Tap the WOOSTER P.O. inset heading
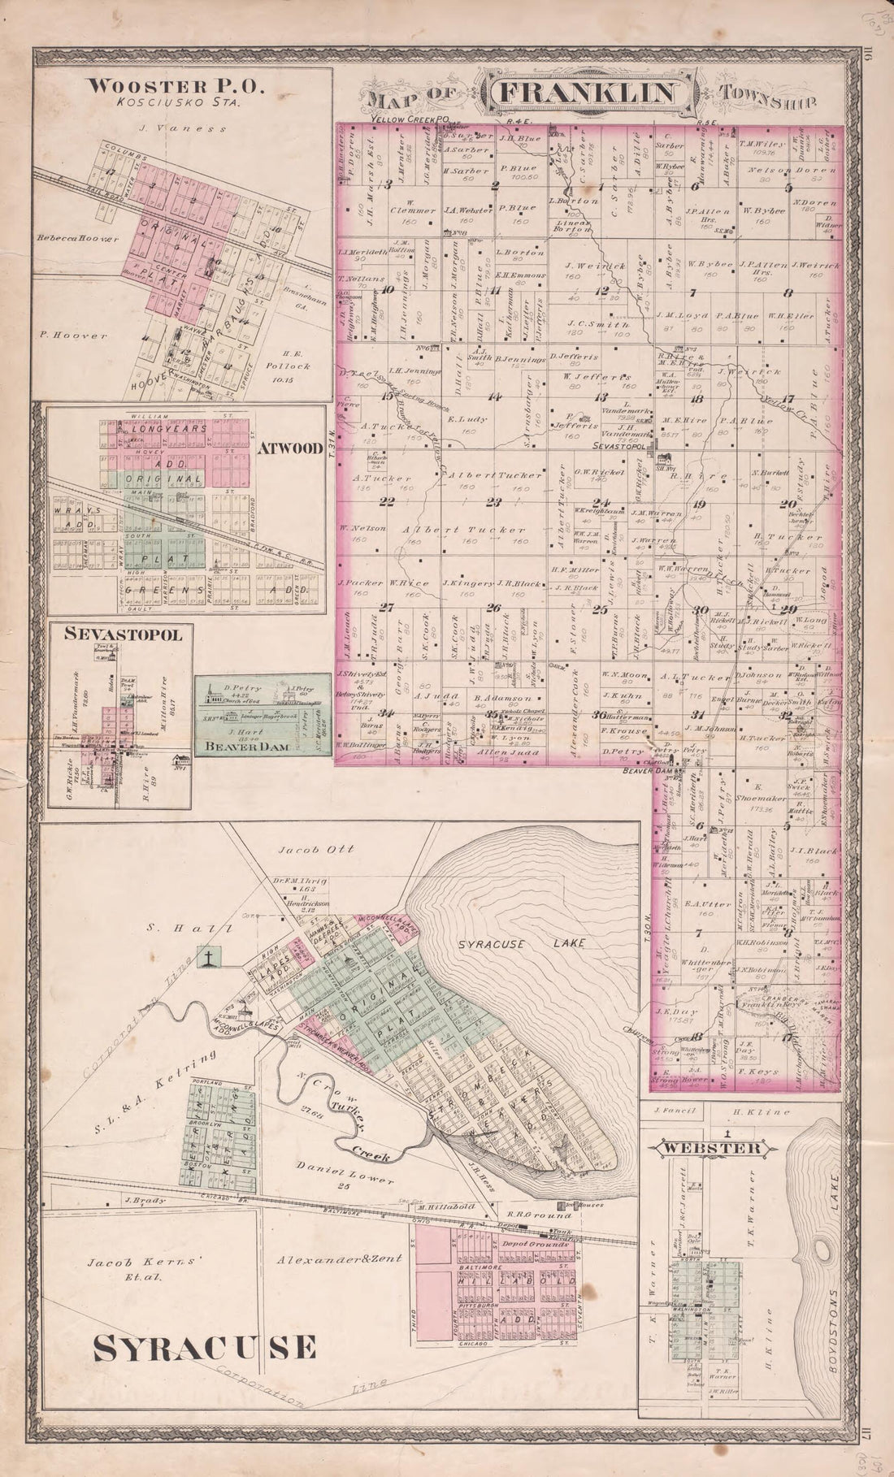coord(154,86)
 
